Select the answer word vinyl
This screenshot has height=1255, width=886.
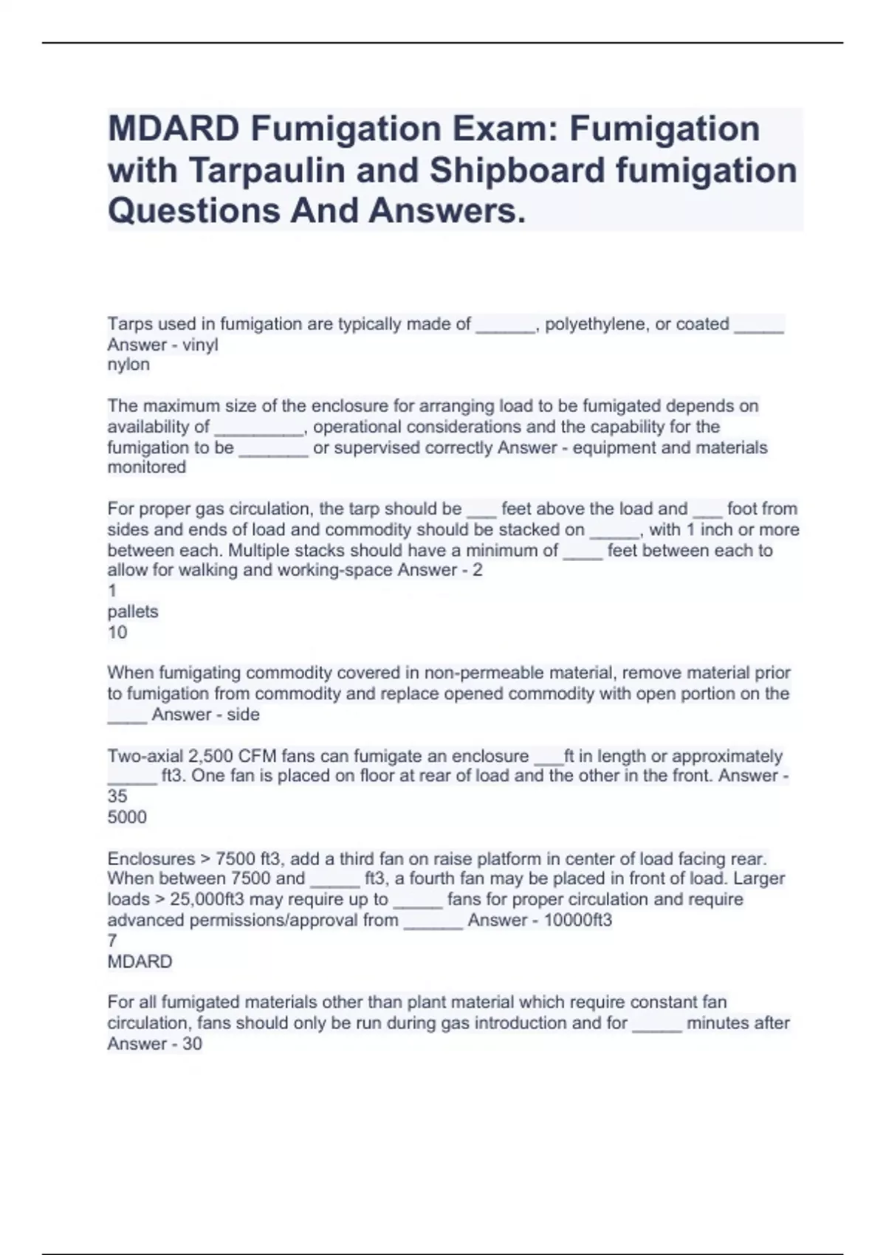(x=200, y=345)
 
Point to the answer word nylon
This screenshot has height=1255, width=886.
(x=128, y=365)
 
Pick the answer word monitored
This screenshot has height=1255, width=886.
(x=146, y=467)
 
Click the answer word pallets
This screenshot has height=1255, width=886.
(x=133, y=611)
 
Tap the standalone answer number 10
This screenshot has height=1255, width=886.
(x=117, y=632)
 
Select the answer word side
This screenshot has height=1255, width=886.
(x=244, y=714)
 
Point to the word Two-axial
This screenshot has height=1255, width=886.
(x=145, y=756)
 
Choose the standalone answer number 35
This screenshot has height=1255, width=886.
(x=117, y=797)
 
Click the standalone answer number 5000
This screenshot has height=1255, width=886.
(x=127, y=817)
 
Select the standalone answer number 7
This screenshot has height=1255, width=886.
(x=112, y=941)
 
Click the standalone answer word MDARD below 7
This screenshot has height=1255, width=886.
(x=140, y=961)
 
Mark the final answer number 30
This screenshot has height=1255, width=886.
(x=192, y=1043)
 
